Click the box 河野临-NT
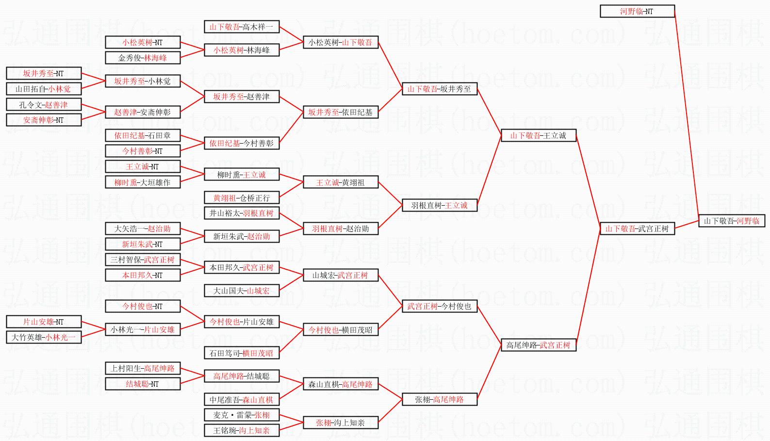tap(637, 11)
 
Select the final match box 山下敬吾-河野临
tap(732, 221)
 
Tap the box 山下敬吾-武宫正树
tap(637, 229)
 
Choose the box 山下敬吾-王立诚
tap(538, 135)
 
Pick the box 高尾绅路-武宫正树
tap(538, 345)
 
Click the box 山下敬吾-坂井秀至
tap(439, 89)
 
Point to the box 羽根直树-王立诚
tap(439, 205)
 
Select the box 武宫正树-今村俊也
tap(439, 306)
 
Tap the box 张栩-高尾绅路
tap(439, 399)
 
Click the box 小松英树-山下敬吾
tap(340, 42)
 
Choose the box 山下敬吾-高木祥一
tap(241, 27)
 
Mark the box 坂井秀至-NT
tap(43, 73)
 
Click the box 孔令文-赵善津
tap(43, 104)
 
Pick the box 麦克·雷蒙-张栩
tap(241, 415)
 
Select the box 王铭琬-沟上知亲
tap(241, 430)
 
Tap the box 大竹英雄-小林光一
tap(43, 337)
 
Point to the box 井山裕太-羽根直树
tap(241, 213)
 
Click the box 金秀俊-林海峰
tap(143, 58)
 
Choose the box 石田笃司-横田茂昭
tap(241, 353)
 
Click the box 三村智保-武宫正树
tap(143, 260)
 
